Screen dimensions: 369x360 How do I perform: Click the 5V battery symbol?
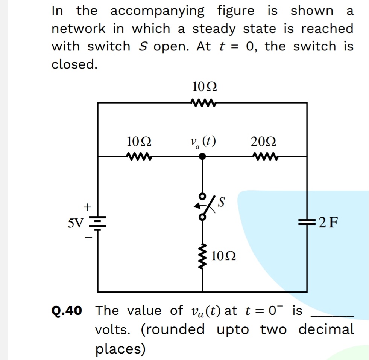point(98,223)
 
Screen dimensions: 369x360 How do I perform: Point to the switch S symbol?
point(203,206)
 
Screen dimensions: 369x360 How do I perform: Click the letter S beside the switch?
point(222,203)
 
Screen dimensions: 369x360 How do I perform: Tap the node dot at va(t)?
point(202,156)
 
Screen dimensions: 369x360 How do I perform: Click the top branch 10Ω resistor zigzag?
point(203,102)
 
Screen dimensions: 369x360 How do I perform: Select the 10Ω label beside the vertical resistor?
point(224,257)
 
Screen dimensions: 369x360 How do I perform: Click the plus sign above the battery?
point(87,207)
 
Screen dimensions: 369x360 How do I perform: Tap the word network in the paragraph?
point(79,29)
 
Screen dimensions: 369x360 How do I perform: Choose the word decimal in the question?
point(326,329)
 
